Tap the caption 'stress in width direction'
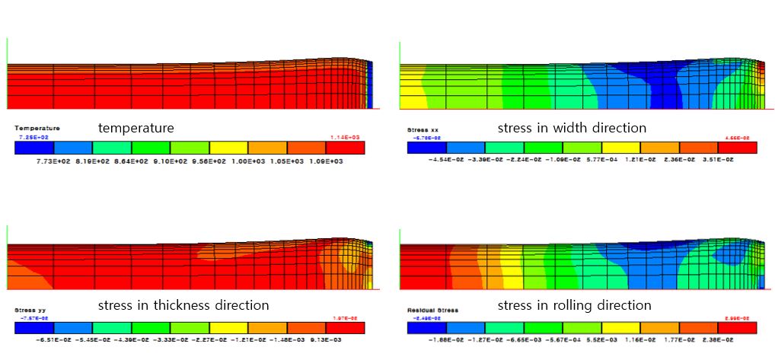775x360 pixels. click(572, 127)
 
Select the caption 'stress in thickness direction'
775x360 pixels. click(183, 305)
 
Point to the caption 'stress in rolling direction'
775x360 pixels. click(574, 305)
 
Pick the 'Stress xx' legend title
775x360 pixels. click(423, 130)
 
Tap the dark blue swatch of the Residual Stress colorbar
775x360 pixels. click(426, 327)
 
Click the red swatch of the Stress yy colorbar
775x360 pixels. click(346, 327)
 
